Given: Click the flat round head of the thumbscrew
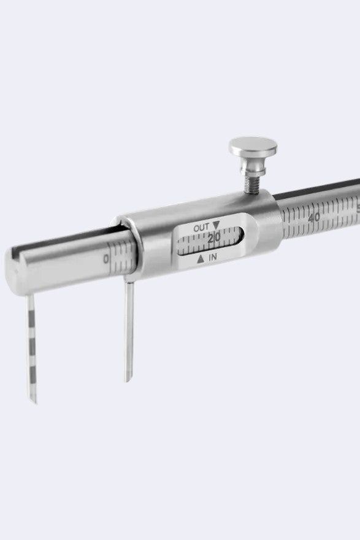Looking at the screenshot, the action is pos(253,146).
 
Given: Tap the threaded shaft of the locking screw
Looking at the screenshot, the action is pos(251,184).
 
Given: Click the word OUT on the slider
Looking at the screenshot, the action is pos(201,228).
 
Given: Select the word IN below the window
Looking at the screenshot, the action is pos(213,257).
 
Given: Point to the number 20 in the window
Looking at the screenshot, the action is pos(214,237).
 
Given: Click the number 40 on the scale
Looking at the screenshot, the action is pos(314,218).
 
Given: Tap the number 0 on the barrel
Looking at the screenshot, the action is pos(106,258).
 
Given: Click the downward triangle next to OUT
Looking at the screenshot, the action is pos(216,225).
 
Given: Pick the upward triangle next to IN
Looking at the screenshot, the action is pos(201,260).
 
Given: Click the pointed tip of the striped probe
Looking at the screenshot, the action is pos(36,403).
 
